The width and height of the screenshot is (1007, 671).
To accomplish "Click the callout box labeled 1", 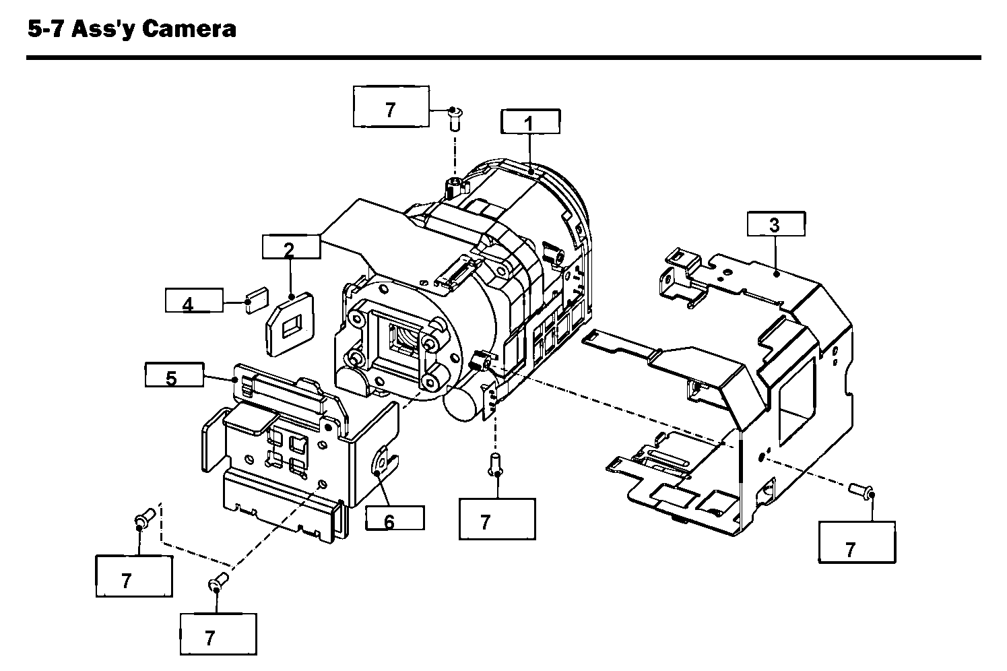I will coord(530,122).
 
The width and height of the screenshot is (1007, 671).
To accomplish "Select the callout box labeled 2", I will coord(290,247).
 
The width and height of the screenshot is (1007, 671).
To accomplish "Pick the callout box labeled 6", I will coord(395,518).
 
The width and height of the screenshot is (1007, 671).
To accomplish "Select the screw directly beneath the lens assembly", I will coord(497,464).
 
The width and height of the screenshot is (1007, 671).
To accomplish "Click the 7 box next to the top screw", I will coord(391,106).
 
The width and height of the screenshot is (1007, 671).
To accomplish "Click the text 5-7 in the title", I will coord(46,28).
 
